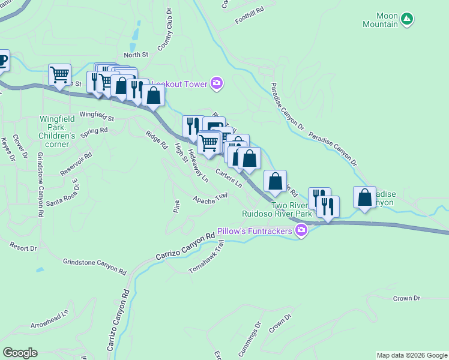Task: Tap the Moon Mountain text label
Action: pos(380,20)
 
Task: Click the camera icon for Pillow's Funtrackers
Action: pos(301,231)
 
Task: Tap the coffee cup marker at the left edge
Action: pos(2,60)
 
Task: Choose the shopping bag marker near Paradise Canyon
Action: pos(364,197)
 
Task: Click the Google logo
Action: pos(20,353)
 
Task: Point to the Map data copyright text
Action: pos(411,355)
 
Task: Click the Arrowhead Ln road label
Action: pos(50,319)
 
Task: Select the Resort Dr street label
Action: pos(23,247)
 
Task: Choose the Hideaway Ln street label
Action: pos(197,166)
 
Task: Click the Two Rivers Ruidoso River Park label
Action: pos(277,209)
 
